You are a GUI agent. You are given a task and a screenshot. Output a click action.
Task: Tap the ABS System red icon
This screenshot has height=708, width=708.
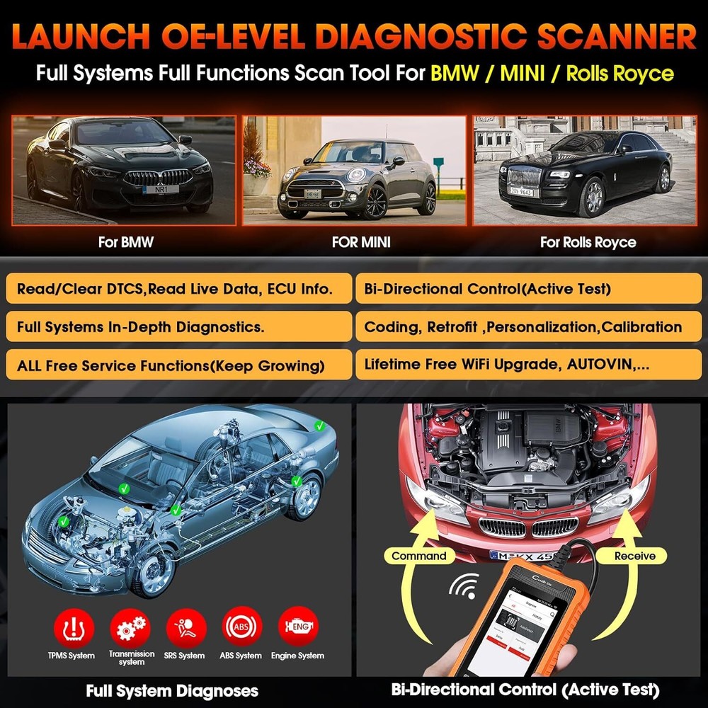pyautogui.click(x=242, y=627)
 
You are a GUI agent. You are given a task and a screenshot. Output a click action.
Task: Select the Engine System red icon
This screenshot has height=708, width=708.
pyautogui.click(x=297, y=627)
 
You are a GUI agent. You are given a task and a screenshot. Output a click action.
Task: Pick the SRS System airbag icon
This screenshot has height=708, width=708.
pyautogui.click(x=186, y=627)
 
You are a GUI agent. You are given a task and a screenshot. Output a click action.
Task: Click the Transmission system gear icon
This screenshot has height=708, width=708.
pyautogui.click(x=130, y=627)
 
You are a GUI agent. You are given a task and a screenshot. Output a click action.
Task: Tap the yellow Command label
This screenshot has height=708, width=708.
pyautogui.click(x=419, y=556)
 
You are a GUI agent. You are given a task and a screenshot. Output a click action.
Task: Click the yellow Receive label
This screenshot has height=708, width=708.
pyautogui.click(x=634, y=556)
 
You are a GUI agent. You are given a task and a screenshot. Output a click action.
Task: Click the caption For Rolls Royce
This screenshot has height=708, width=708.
pyautogui.click(x=588, y=242)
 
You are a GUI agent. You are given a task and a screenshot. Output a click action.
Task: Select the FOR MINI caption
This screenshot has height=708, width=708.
pyautogui.click(x=361, y=242)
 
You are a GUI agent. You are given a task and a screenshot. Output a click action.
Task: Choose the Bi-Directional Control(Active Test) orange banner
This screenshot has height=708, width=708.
pyautogui.click(x=527, y=289)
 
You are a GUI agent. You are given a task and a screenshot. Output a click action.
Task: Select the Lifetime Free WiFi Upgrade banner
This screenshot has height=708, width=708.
pyautogui.click(x=527, y=365)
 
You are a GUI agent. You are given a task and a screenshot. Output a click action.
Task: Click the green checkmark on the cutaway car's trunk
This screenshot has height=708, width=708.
pyautogui.click(x=319, y=426)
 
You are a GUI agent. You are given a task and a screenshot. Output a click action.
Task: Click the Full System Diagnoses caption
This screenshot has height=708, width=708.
pyautogui.click(x=172, y=690)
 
